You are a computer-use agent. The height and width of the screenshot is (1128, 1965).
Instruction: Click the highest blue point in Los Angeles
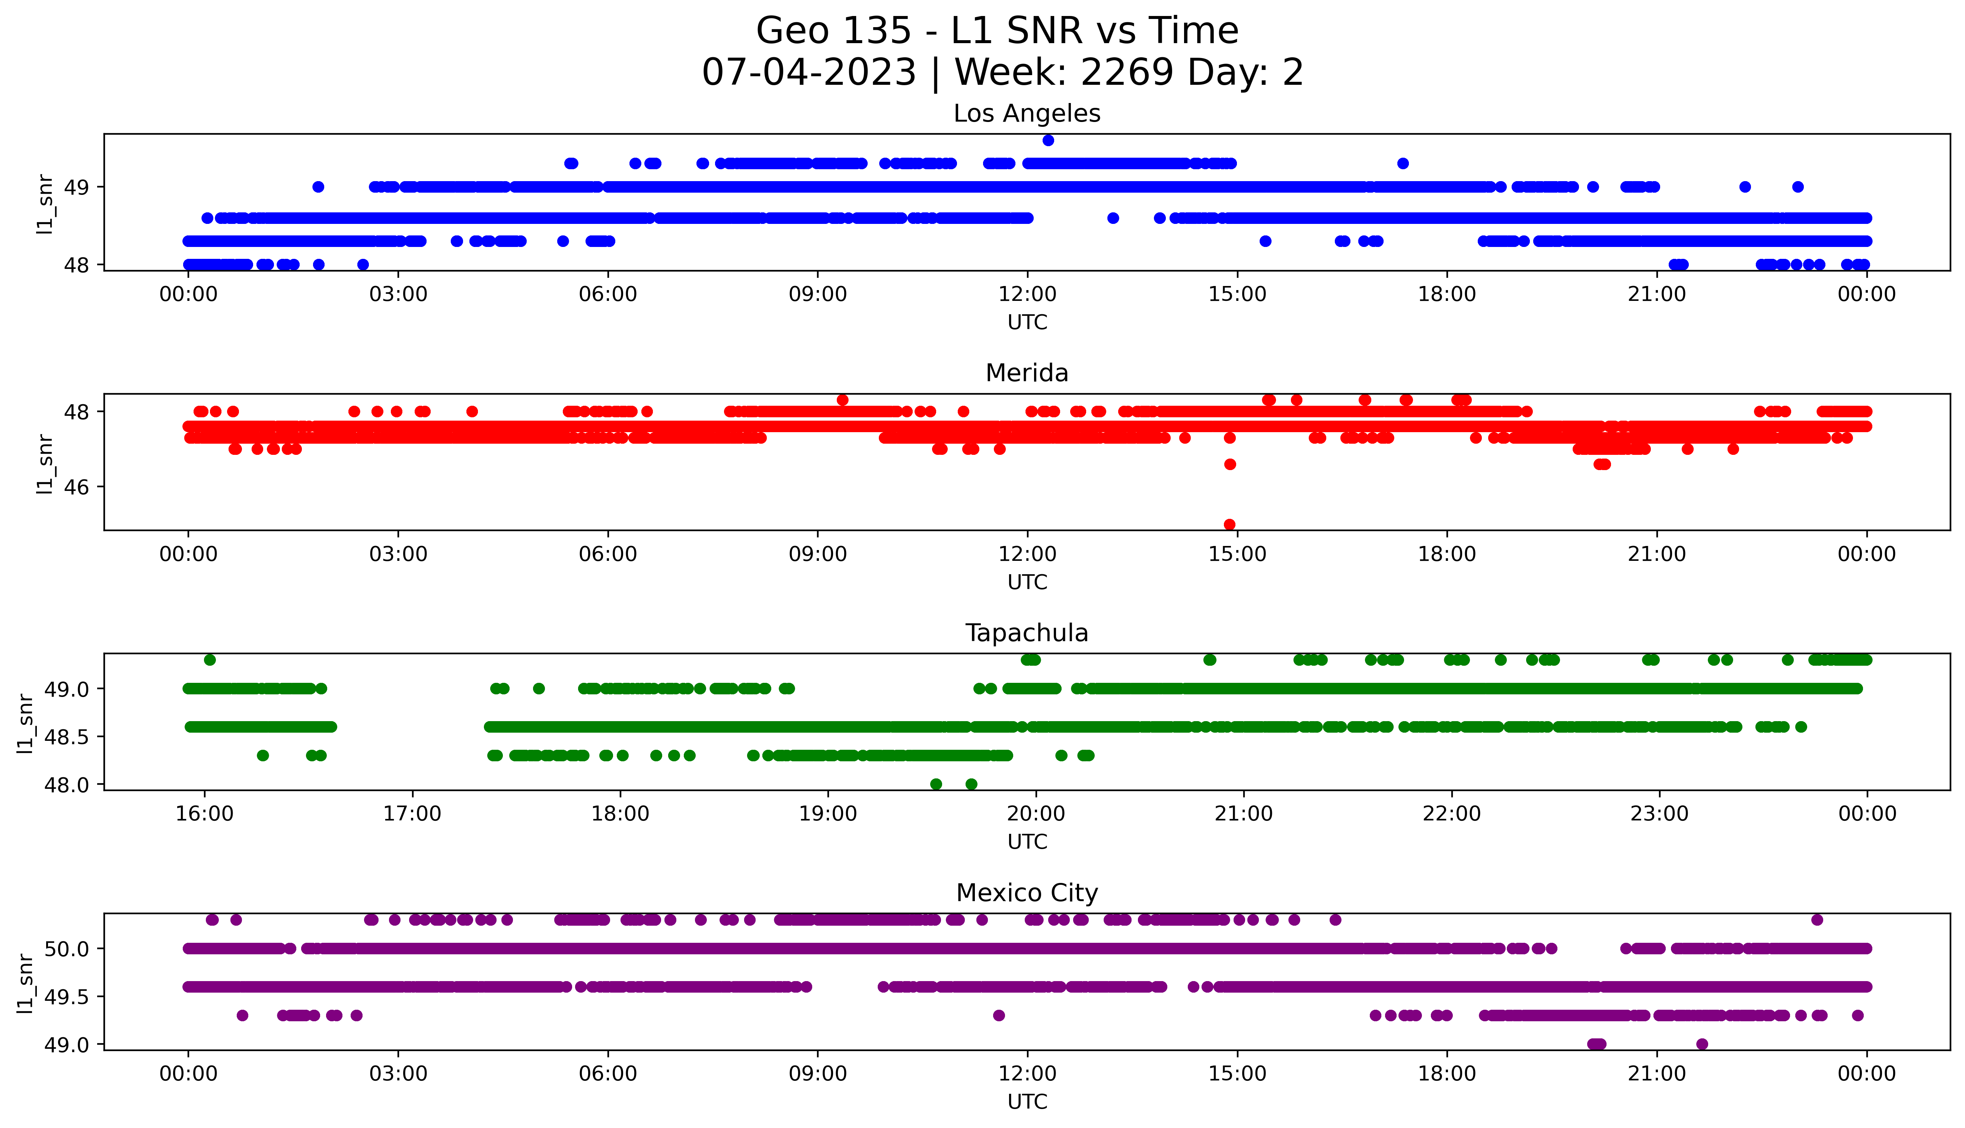pos(1048,140)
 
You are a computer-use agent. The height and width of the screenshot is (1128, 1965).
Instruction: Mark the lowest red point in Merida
pos(1229,524)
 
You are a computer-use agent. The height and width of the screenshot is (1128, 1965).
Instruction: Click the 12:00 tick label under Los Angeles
pos(1027,295)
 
